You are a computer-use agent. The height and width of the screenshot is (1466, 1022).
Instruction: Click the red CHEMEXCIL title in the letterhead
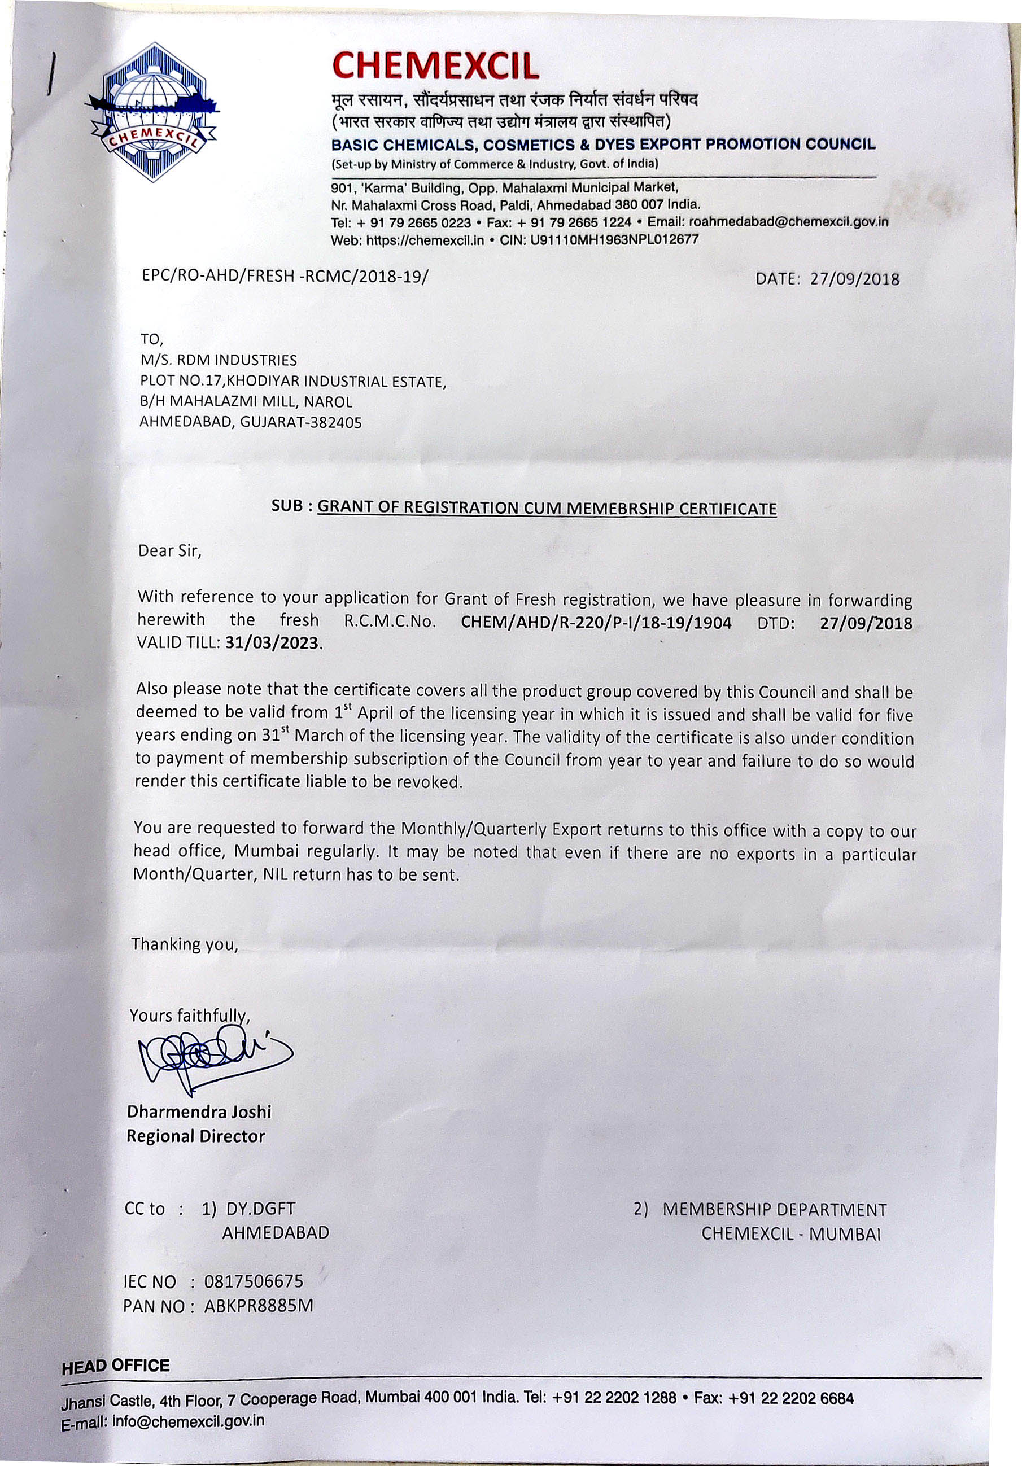(x=436, y=67)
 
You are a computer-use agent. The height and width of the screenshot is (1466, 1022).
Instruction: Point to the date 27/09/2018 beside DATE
(x=855, y=279)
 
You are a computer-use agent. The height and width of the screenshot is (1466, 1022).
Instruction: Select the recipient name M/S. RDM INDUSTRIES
(x=219, y=360)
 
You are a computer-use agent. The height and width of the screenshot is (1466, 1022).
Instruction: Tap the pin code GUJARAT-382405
(x=302, y=423)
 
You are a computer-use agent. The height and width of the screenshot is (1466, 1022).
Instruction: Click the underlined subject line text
(x=547, y=509)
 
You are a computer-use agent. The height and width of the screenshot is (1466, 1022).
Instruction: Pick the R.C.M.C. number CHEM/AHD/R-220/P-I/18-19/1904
(x=596, y=623)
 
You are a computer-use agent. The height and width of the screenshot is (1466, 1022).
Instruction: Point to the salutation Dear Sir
(x=170, y=550)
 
